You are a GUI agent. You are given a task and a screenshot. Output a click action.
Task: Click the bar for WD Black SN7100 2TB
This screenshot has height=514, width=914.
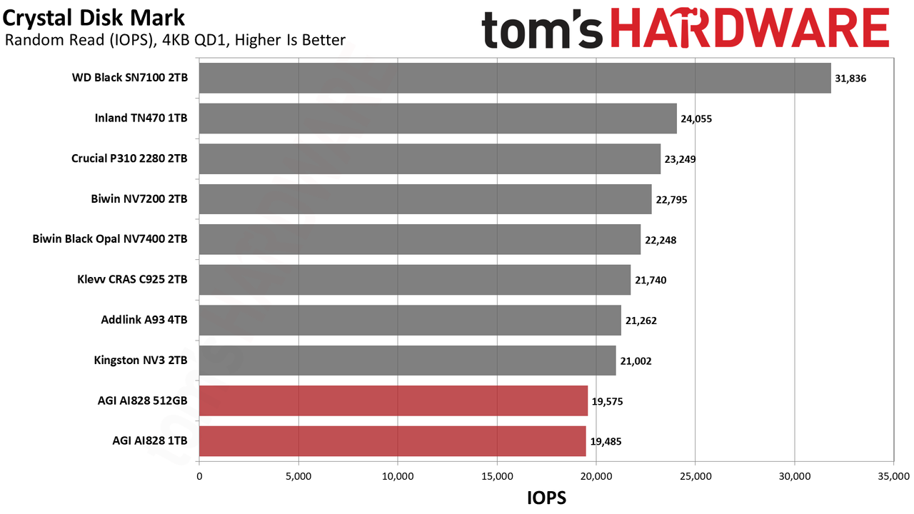[x=515, y=78]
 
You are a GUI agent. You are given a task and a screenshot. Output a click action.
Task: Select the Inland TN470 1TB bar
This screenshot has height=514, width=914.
[x=438, y=119]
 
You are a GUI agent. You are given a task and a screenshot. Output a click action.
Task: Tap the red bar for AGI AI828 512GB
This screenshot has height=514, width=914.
[x=393, y=400]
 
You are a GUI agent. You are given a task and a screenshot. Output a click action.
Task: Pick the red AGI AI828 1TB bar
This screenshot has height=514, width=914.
[x=393, y=441]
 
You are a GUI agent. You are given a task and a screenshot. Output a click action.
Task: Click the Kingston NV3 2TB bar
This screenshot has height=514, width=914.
[x=408, y=361]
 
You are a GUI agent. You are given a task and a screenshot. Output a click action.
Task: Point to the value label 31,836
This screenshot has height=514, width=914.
[x=850, y=79]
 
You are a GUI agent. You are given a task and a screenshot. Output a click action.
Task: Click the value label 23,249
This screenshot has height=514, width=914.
[x=681, y=159]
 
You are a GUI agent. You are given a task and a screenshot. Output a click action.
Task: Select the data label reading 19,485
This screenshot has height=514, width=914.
[x=606, y=441]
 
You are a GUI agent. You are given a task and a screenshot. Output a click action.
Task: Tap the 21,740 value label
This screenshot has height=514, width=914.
[x=651, y=281]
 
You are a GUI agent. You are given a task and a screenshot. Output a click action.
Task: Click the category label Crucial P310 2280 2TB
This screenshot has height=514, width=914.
[x=129, y=158]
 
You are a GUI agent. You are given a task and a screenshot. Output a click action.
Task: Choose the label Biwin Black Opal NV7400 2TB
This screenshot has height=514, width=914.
[x=110, y=238]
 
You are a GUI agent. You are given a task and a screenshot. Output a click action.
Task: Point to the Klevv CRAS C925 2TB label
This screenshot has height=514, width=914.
[x=132, y=279]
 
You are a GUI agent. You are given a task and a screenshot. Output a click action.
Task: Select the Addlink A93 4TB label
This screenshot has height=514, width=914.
[x=144, y=319]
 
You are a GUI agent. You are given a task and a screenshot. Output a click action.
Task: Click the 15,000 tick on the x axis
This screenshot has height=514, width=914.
[x=497, y=476]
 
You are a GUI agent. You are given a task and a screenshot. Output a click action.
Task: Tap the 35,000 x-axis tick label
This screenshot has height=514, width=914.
[x=893, y=476]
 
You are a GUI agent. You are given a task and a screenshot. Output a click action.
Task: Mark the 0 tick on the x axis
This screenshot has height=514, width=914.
[x=199, y=476]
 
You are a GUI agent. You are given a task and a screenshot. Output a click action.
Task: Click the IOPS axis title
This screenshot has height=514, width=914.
[x=547, y=498]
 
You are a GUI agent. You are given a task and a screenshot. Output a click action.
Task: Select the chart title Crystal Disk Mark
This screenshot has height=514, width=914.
[x=94, y=18]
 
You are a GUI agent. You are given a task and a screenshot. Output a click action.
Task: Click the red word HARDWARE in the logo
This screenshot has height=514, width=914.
[x=750, y=28]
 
